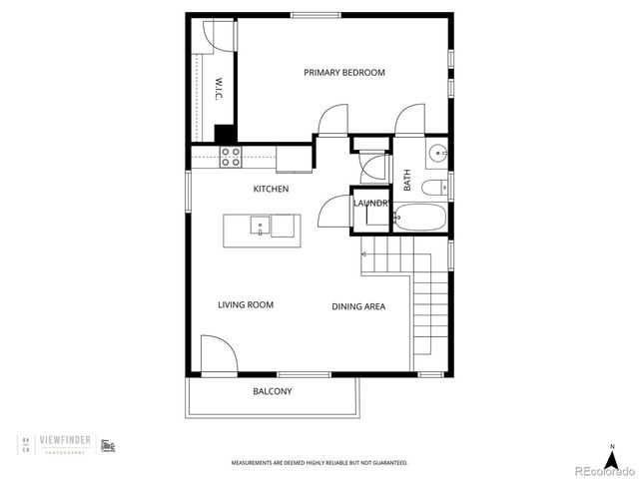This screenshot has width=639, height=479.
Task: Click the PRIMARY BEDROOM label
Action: [344, 73]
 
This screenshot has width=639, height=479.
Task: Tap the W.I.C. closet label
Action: [218, 90]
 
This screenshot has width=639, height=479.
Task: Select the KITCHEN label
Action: [271, 189]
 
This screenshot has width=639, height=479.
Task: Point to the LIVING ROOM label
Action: [246, 305]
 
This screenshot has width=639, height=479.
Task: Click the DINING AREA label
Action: [358, 306]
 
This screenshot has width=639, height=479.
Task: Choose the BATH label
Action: [407, 181]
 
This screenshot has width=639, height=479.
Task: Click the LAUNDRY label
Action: [370, 204]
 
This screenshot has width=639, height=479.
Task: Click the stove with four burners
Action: [231, 155]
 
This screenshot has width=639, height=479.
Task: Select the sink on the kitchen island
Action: [260, 225]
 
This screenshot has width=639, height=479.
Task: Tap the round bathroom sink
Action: [437, 154]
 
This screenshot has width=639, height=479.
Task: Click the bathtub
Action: [420, 218]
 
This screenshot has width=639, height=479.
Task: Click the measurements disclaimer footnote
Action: [319, 463]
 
